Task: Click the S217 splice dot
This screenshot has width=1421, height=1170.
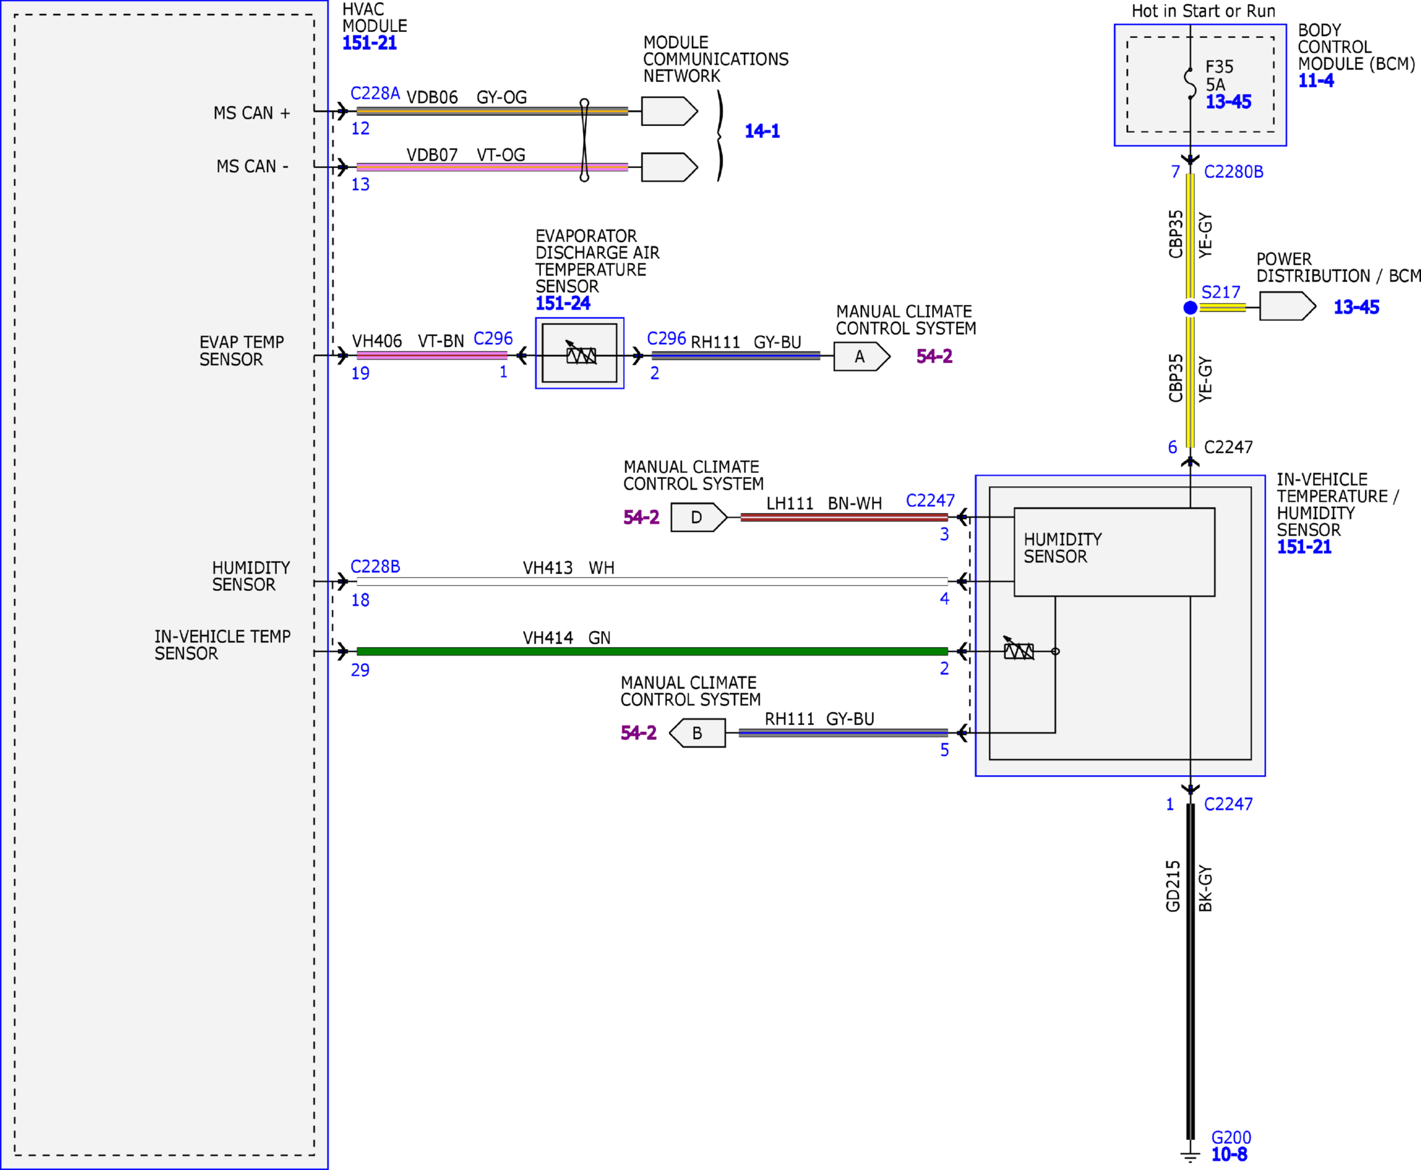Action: [1190, 308]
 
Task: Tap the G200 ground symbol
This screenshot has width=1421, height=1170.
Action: [1190, 1157]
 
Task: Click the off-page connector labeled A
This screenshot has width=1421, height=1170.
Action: [861, 356]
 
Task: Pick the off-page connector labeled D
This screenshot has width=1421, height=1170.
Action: [699, 518]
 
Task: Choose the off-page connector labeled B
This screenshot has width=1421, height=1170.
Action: [697, 732]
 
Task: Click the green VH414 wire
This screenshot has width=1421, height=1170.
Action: [652, 652]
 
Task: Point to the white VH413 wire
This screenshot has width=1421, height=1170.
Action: [652, 582]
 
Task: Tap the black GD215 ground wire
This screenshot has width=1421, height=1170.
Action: [1190, 971]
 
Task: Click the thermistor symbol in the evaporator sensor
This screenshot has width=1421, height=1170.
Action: [581, 353]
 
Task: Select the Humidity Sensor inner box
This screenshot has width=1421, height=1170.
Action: [1114, 552]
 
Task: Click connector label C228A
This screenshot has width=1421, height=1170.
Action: [375, 93]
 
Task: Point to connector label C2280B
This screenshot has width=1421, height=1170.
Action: [1234, 172]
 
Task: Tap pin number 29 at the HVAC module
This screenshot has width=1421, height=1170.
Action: [360, 670]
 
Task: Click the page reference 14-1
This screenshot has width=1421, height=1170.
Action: [763, 131]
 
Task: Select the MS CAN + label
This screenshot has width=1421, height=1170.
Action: [252, 113]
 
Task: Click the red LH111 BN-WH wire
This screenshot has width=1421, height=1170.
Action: [844, 518]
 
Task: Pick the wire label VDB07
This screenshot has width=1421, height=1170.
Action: [432, 155]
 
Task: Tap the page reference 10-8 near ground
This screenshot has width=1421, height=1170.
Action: [1230, 1155]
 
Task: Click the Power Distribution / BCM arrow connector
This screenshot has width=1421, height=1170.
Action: [1288, 307]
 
